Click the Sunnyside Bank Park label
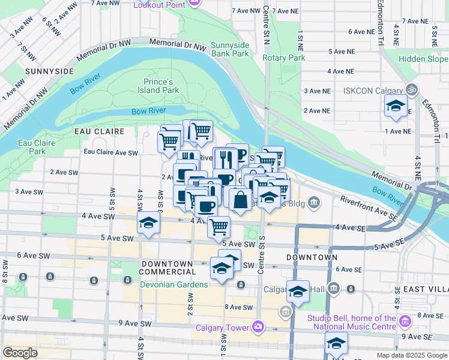tap(231, 49)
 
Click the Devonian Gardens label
tap(174, 284)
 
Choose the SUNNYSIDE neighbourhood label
tap(49, 71)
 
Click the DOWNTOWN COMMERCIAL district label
tap(167, 268)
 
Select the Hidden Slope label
tap(424, 59)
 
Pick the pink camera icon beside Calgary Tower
tap(258, 326)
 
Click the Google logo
tap(20, 353)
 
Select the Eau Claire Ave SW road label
tap(111, 152)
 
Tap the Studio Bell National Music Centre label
tap(352, 322)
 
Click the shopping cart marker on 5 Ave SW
tap(218, 227)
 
